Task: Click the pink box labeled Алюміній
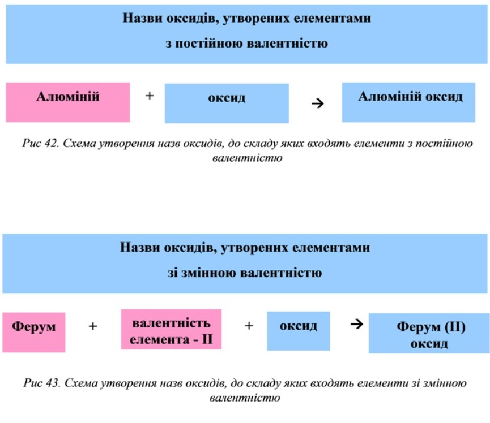[x=68, y=102]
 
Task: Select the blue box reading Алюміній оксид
[x=408, y=102]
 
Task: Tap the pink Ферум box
[x=33, y=332]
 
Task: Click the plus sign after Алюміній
[x=150, y=96]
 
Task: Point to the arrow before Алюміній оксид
[x=318, y=103]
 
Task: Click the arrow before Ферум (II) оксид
[x=356, y=324]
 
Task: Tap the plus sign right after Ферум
[x=93, y=326]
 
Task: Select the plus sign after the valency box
[x=248, y=326]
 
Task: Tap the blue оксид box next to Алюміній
[x=227, y=103]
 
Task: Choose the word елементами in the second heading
[x=333, y=248]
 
